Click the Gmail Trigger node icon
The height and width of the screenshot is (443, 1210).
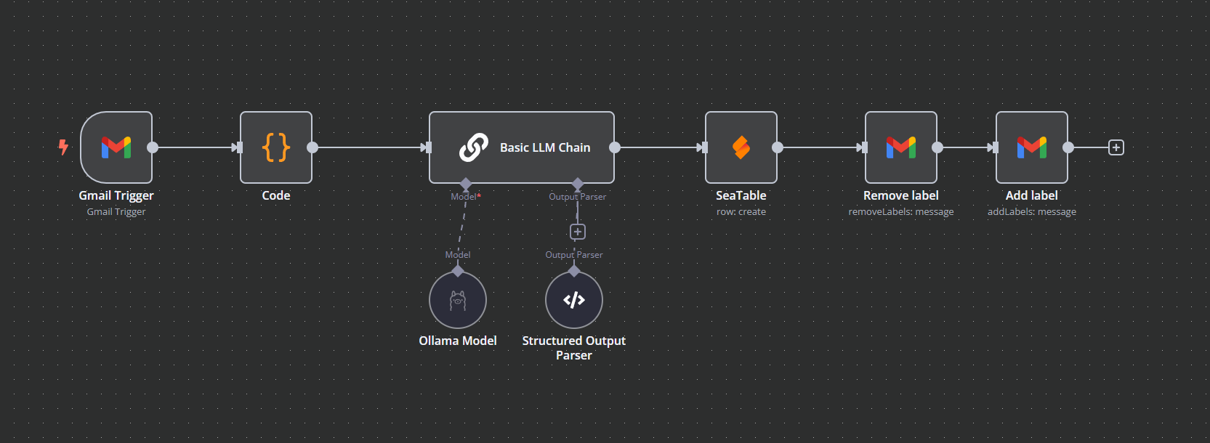[116, 147]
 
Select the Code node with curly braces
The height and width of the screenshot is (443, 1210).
[276, 147]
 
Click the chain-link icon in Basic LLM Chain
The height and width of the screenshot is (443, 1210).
[473, 147]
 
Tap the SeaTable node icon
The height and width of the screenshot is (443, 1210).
[741, 147]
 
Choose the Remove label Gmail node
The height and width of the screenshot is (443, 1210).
[900, 147]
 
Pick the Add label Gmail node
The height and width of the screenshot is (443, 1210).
[1031, 147]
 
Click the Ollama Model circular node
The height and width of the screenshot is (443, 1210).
[458, 300]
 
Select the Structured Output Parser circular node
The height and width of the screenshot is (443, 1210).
[574, 300]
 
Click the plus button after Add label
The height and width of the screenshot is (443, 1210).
[1116, 147]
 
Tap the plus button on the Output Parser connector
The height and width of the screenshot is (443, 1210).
[577, 232]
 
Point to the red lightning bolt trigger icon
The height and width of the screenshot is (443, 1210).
[63, 147]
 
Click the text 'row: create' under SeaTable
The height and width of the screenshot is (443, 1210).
[741, 212]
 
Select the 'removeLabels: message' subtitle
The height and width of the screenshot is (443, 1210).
[900, 212]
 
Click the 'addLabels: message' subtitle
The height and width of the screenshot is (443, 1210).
[1031, 212]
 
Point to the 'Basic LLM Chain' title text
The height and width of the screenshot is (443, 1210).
[545, 147]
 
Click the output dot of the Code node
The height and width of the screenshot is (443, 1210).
[312, 147]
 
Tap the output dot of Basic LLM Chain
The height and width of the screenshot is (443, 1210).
[615, 147]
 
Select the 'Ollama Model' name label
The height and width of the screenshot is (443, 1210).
[458, 341]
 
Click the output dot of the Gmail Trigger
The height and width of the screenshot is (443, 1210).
[153, 147]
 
